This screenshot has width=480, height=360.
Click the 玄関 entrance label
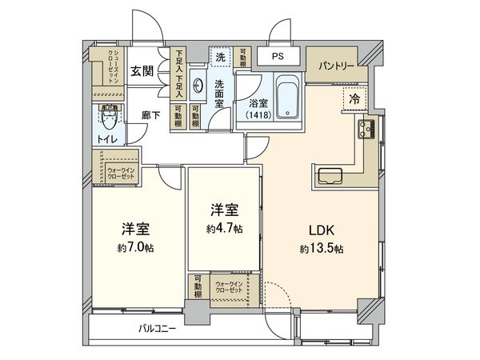click(143, 70)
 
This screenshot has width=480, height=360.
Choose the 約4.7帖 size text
click(225, 229)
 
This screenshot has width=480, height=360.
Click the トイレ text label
click(107, 139)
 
